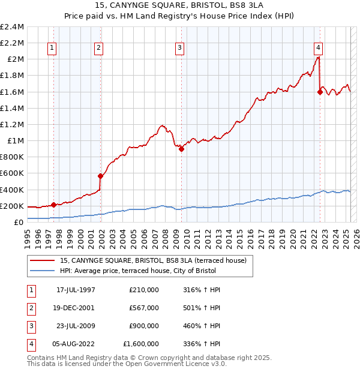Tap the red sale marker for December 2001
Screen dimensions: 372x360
pos(101,176)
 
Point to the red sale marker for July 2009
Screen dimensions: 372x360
pos(181,149)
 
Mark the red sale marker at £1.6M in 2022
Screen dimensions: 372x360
pos(320,92)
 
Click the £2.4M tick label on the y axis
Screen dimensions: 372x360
pos(13,27)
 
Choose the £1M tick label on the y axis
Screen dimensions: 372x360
pos(16,141)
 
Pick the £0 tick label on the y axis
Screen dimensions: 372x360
pos(19,222)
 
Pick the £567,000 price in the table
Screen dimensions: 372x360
pos(144,308)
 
